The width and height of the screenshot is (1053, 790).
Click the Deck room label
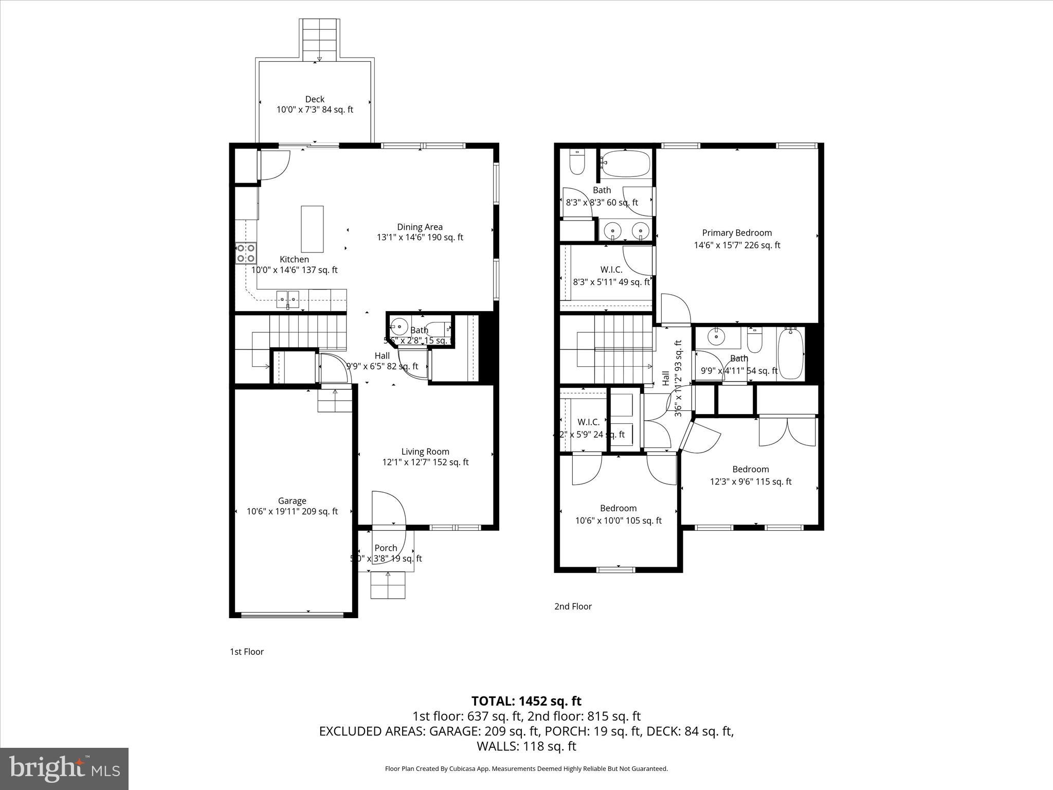point(315,99)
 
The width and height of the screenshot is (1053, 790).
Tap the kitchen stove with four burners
point(246,253)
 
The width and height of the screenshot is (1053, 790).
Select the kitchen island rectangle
point(312,229)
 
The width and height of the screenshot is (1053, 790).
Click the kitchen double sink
point(288,298)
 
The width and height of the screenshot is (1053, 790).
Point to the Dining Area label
point(420,227)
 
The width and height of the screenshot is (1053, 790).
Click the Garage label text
point(292,501)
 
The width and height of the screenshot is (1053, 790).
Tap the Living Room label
point(425,452)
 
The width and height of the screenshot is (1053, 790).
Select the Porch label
point(386,548)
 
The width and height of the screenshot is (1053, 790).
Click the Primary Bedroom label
point(737,233)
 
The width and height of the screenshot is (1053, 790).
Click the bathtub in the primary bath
point(626,164)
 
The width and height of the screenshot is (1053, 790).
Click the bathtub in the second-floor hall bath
point(791,354)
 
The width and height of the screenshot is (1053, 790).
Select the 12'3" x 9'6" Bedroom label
point(751,469)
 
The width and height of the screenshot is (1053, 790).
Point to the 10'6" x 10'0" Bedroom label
point(618,508)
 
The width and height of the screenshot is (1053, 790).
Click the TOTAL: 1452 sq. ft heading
point(526,701)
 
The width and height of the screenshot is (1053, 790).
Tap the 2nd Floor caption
point(573,606)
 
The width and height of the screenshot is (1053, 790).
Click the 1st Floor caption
point(247,652)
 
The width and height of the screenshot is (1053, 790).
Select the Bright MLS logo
point(64,769)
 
